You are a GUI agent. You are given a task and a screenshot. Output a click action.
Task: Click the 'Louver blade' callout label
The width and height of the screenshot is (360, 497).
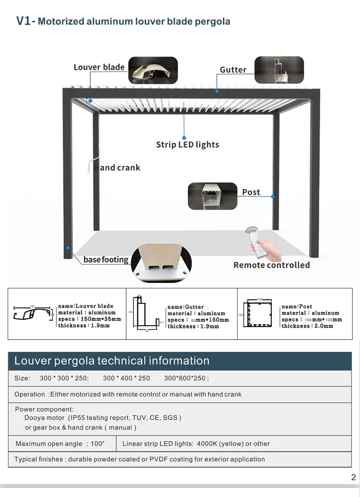99,67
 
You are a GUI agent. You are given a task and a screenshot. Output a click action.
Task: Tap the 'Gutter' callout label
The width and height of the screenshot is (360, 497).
233,70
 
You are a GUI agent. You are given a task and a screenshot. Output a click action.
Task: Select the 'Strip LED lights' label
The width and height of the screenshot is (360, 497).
187,144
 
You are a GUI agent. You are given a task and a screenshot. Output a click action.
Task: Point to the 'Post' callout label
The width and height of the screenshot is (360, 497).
251,192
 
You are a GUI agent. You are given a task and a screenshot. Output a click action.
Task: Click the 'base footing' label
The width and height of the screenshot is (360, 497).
106,260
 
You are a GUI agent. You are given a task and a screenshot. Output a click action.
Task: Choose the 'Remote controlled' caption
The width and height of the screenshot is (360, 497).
271,265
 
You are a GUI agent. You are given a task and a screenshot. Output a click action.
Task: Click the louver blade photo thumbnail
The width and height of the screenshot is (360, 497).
153,71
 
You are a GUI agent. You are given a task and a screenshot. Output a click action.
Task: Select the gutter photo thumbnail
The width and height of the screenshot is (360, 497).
279,70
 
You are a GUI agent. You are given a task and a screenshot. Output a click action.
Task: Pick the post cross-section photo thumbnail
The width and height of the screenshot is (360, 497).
213,196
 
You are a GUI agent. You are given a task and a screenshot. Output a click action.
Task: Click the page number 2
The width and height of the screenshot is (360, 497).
353,477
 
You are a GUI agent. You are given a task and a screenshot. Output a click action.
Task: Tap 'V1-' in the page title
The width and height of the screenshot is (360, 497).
25,21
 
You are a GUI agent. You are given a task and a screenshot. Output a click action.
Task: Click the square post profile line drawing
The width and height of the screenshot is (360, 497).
259,314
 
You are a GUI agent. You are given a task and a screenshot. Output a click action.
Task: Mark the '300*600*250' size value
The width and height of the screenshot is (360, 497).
185,378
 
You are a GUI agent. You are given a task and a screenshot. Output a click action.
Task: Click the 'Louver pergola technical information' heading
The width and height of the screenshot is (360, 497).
112,361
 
